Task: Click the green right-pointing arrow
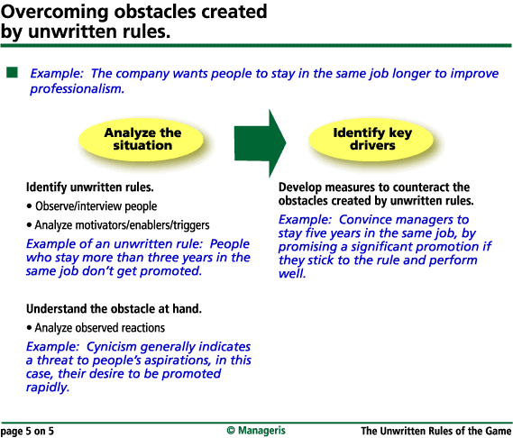click(260, 143)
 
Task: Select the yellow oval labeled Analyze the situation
click(142, 139)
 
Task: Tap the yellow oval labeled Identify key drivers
click(371, 139)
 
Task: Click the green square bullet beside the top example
click(12, 72)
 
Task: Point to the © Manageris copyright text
click(256, 431)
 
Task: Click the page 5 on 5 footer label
click(27, 431)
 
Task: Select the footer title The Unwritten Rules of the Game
click(436, 431)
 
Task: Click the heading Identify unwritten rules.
click(90, 187)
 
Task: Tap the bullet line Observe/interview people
click(92, 206)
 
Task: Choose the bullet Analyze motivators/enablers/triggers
click(118, 225)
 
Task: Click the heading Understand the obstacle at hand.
click(114, 309)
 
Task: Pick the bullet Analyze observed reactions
click(96, 328)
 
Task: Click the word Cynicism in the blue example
click(111, 347)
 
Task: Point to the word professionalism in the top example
click(77, 88)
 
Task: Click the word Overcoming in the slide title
click(54, 12)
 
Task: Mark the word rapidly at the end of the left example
click(48, 388)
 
